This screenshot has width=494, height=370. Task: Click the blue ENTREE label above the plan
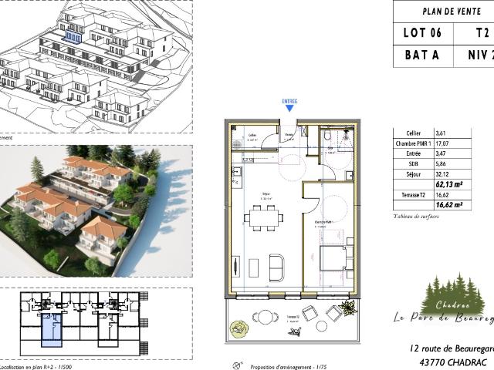tap(289, 101)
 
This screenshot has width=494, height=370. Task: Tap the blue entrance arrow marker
tap(289, 109)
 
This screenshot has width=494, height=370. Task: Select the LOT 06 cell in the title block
tap(423, 32)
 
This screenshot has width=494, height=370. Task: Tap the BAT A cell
tap(423, 55)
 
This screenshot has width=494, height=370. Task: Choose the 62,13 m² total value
tap(450, 184)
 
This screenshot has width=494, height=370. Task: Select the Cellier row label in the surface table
tap(404, 133)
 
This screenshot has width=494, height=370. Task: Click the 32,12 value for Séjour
tap(442, 174)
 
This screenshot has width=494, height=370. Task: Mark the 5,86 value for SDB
tap(441, 164)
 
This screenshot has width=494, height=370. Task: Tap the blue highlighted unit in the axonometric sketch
tap(73, 35)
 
